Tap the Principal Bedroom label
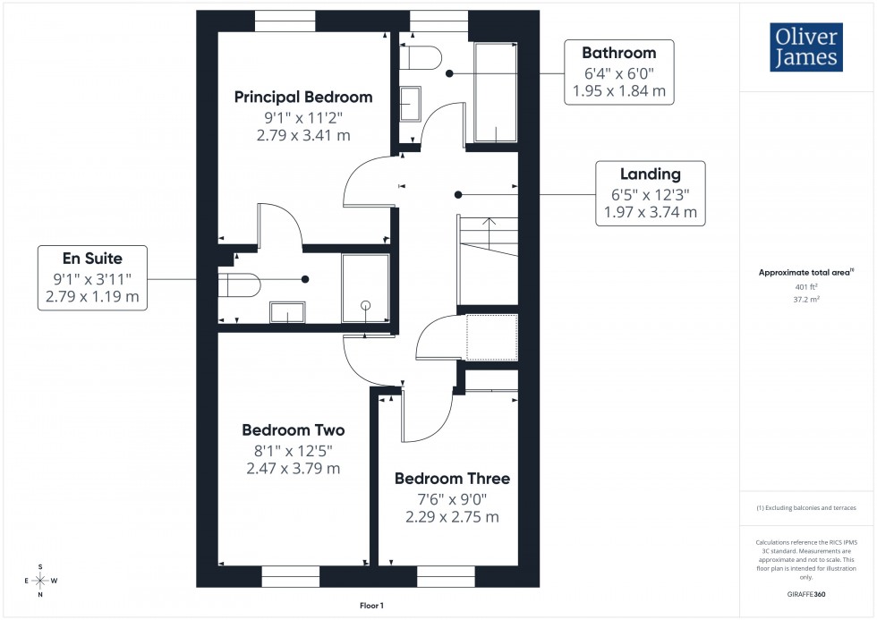[x=302, y=97]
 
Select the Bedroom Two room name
[x=293, y=430]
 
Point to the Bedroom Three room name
[x=452, y=479]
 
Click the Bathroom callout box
[x=618, y=72]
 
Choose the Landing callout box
[x=651, y=193]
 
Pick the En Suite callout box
[x=93, y=278]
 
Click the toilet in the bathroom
[x=421, y=57]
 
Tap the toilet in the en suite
[x=240, y=285]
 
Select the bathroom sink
[x=411, y=103]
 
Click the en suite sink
[x=287, y=312]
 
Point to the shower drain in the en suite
[x=365, y=306]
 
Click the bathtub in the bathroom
[x=495, y=91]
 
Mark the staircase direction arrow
[x=488, y=221]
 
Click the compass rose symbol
[x=40, y=580]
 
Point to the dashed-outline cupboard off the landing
[x=491, y=337]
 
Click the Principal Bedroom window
[x=285, y=15]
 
